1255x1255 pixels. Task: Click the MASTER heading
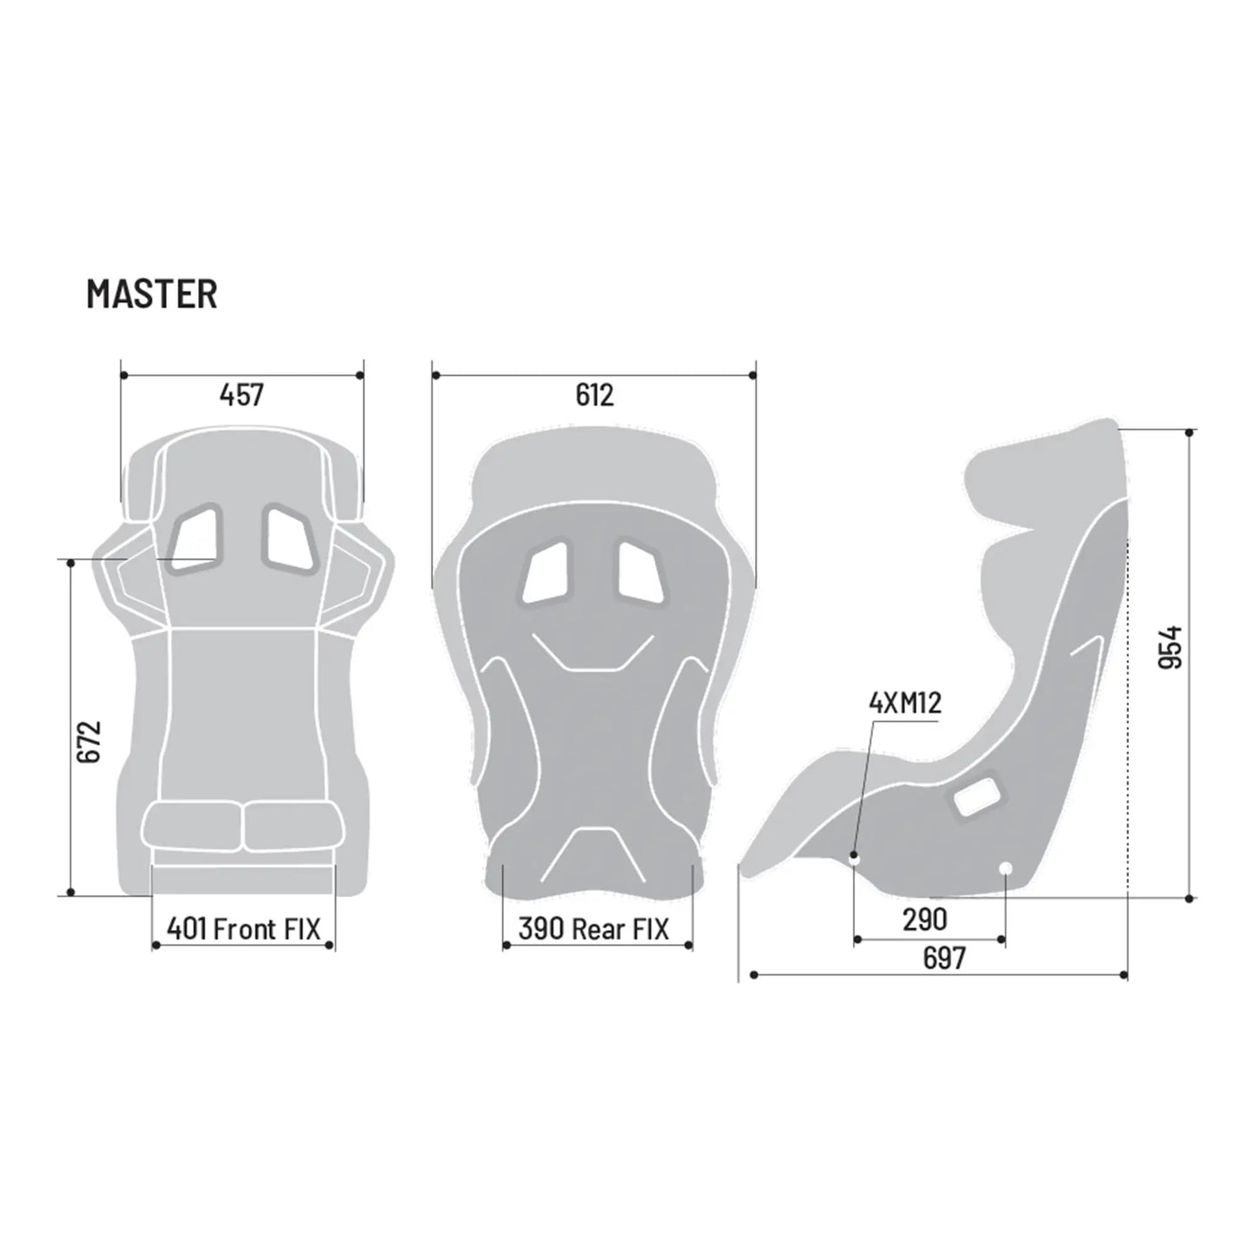[152, 294]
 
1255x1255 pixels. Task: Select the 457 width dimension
[241, 395]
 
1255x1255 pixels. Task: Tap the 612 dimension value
[594, 395]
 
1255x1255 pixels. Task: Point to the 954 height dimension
[1172, 647]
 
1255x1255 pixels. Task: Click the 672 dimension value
[89, 741]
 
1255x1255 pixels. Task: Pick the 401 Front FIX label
[243, 929]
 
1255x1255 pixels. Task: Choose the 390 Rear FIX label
[594, 929]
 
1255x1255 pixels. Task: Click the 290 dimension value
[924, 920]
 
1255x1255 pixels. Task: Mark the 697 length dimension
[943, 958]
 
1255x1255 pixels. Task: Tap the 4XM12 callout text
[905, 703]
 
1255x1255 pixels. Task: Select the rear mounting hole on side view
[1006, 869]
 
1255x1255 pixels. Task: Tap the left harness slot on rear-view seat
[545, 573]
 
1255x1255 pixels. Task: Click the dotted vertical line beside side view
[1126, 712]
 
